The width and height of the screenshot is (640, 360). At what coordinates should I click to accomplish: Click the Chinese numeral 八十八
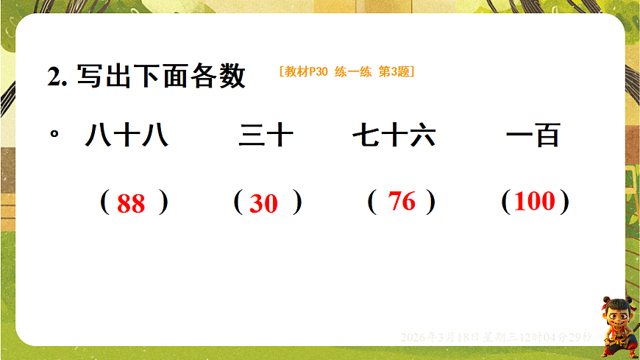127,135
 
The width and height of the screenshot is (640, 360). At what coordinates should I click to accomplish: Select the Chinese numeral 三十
266,135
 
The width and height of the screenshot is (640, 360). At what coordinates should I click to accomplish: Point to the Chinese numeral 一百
533,135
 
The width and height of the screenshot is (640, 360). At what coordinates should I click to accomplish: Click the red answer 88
131,203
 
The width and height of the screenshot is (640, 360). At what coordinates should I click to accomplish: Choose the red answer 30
263,203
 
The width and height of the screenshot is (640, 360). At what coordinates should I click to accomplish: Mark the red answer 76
402,201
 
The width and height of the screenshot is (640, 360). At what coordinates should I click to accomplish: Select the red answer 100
535,201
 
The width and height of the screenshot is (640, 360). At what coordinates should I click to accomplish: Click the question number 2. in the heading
57,77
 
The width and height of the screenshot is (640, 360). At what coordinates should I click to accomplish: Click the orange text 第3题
394,71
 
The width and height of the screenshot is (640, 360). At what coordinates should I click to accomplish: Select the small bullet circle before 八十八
54,135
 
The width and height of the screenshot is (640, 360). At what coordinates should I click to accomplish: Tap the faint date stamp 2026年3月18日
439,336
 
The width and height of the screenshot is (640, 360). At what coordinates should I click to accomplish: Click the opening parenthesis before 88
104,201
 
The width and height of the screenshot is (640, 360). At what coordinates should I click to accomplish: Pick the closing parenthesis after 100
563,201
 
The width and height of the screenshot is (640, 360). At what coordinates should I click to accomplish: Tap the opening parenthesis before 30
238,201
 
